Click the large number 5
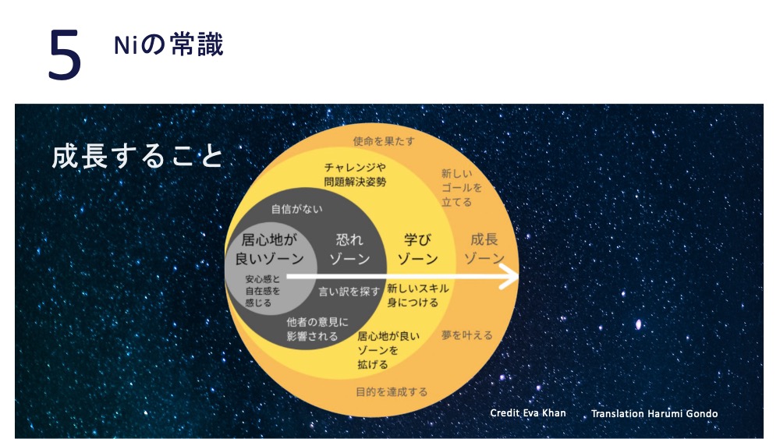coord(65,54)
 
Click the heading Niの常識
coord(168,44)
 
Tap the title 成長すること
coord(137,156)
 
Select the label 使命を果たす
coord(384,141)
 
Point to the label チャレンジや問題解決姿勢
coord(355,175)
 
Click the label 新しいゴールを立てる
coord(461,188)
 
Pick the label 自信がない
coord(296,209)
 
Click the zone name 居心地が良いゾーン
coord(269,250)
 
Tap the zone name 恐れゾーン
coord(349,250)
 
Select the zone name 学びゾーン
coord(417,250)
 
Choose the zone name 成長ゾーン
coord(484,249)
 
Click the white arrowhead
coord(509,276)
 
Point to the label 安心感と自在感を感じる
coord(263,292)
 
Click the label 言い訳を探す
coord(349,292)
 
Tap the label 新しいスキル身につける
coord(418,296)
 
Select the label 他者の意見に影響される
coord(317,329)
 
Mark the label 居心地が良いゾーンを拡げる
coord(388,351)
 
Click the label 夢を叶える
coord(466,335)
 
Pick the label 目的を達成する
coord(392,392)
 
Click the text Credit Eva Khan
coord(528,413)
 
